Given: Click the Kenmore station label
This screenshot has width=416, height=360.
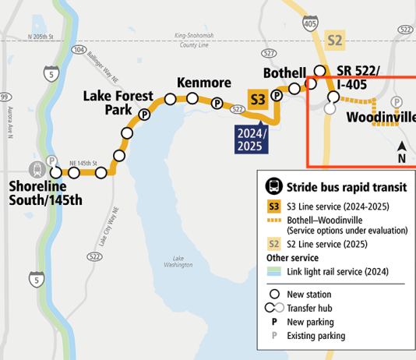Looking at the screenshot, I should click(x=203, y=83).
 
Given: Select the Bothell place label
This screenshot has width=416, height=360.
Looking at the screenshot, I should click(x=284, y=72).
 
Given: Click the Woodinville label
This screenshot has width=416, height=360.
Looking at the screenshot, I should click(x=380, y=117).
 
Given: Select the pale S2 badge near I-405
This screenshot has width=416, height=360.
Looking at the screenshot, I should click(x=335, y=40).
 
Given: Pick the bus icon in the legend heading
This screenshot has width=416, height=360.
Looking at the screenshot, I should click(x=273, y=186).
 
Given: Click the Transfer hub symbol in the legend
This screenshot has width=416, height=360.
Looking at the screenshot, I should click(x=276, y=308).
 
